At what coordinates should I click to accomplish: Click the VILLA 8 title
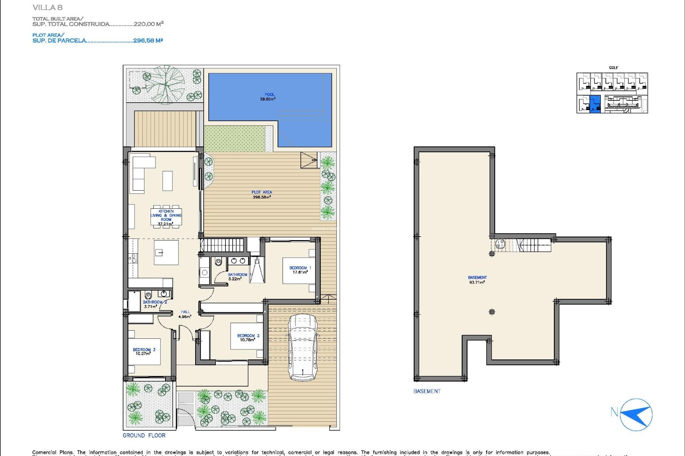tap(47, 7)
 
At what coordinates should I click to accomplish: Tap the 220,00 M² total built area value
tap(148, 24)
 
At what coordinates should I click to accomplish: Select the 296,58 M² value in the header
tap(148, 41)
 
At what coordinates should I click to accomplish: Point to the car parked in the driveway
tap(303, 347)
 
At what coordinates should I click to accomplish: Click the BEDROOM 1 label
tap(300, 270)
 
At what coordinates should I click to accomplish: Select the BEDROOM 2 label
tap(248, 337)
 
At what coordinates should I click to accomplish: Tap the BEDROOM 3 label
tap(144, 352)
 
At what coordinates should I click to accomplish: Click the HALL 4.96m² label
tap(185, 314)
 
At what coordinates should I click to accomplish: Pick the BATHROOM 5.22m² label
tap(237, 277)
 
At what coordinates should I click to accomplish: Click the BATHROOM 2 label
tap(154, 304)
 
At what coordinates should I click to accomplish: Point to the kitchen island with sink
tap(166, 252)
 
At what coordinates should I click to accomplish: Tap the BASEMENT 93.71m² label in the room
tap(477, 280)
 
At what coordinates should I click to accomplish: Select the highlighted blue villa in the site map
tap(595, 104)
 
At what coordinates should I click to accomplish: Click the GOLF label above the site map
tap(613, 68)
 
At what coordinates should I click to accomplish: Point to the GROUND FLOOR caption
tap(144, 435)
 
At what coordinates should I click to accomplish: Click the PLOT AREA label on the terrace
tap(262, 195)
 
